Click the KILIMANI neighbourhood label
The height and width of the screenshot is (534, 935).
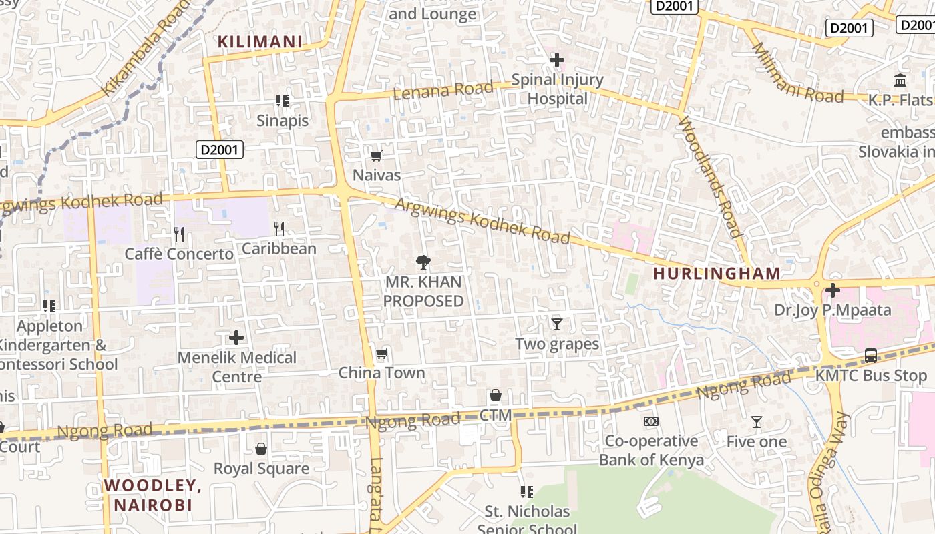click(260, 42)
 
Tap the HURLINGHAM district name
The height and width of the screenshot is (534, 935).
click(717, 273)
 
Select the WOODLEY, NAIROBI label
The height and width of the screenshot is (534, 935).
click(153, 495)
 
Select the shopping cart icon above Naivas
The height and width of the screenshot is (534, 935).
click(376, 156)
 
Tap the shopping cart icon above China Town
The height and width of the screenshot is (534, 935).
click(381, 354)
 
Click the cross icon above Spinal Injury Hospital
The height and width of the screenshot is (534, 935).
click(556, 61)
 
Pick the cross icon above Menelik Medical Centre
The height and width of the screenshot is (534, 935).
click(236, 338)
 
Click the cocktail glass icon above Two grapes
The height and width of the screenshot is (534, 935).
click(557, 324)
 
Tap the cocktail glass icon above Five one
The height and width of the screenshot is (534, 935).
click(756, 422)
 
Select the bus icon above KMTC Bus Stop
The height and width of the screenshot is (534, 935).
click(871, 356)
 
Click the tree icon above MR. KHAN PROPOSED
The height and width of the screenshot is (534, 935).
click(423, 262)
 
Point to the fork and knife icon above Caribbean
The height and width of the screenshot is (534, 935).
click(279, 229)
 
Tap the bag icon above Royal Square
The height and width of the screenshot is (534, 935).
click(261, 449)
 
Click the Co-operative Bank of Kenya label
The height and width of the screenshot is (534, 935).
click(651, 451)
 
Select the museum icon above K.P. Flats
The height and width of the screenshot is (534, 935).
click(900, 81)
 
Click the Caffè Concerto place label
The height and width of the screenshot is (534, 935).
click(179, 254)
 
